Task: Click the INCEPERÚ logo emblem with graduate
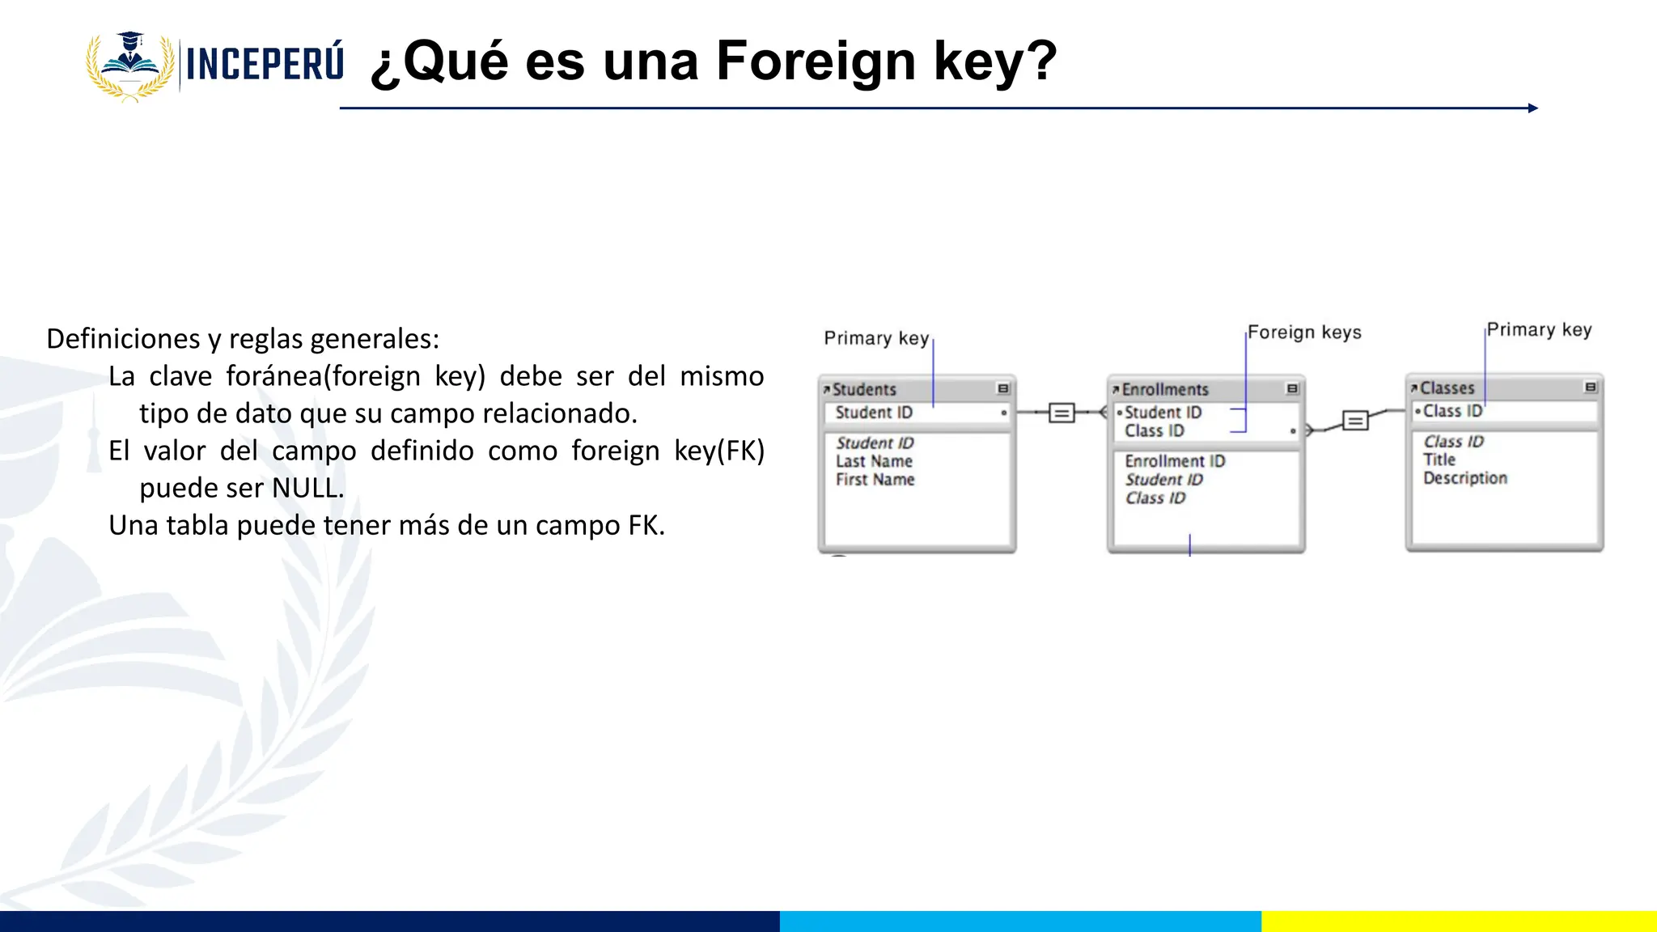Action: click(x=130, y=66)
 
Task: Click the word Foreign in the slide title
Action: click(x=816, y=61)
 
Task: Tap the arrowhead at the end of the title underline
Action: click(x=1532, y=108)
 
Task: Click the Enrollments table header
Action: click(x=1164, y=389)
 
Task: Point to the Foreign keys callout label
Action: click(x=1304, y=333)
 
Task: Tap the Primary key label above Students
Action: click(x=876, y=338)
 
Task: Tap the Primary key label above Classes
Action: click(x=1539, y=330)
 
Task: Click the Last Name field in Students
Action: click(x=874, y=461)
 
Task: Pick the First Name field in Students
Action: click(x=875, y=480)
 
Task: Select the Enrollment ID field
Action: click(x=1175, y=461)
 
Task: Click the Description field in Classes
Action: click(x=1465, y=478)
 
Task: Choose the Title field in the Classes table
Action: click(x=1439, y=460)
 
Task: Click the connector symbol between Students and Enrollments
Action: click(x=1062, y=413)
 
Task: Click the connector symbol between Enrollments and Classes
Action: click(x=1355, y=421)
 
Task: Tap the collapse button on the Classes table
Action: click(x=1590, y=388)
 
